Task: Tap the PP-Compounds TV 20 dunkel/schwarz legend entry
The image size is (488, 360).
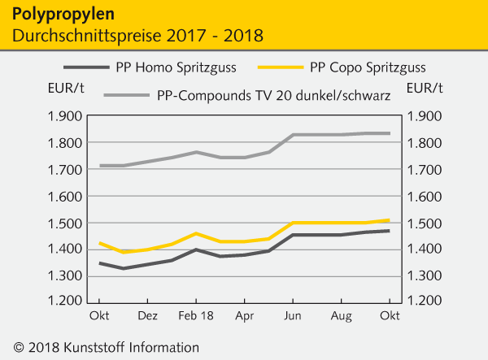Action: (x=272, y=96)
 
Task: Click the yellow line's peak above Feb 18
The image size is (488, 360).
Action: (x=196, y=233)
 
